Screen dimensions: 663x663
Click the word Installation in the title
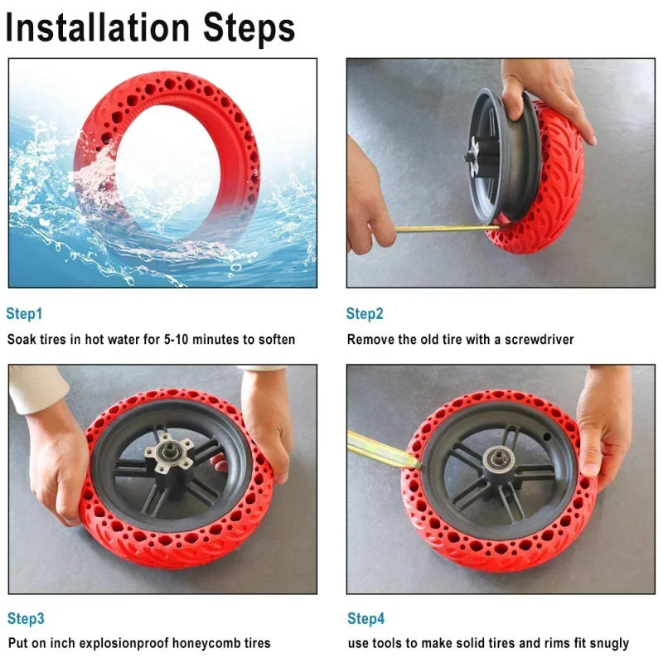coord(99,27)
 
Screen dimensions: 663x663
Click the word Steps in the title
coord(247,29)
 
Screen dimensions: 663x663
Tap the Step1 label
coord(24,314)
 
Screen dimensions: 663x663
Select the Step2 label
coord(365,314)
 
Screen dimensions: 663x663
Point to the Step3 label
coord(26,618)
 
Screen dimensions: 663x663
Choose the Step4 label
coord(365,618)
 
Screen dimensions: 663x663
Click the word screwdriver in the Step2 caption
coord(536,339)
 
